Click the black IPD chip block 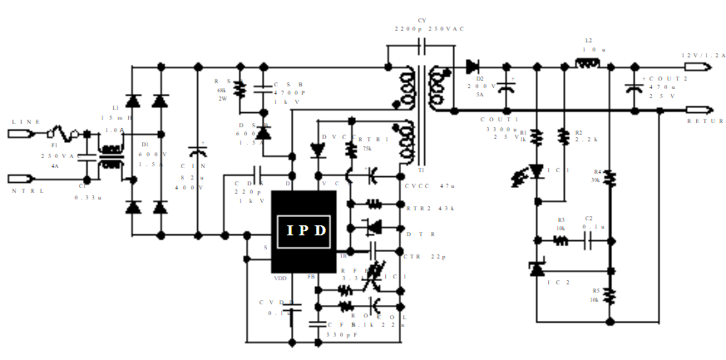click(304, 231)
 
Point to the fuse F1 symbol click(63, 133)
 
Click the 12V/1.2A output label click(703, 55)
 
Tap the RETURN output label click(705, 121)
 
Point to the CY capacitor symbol click(421, 44)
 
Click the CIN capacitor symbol click(198, 152)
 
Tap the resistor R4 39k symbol click(609, 177)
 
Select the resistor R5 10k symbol click(609, 295)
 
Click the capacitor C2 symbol click(588, 241)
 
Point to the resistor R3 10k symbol click(561, 241)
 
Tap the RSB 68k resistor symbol click(240, 88)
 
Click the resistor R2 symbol click(563, 135)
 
